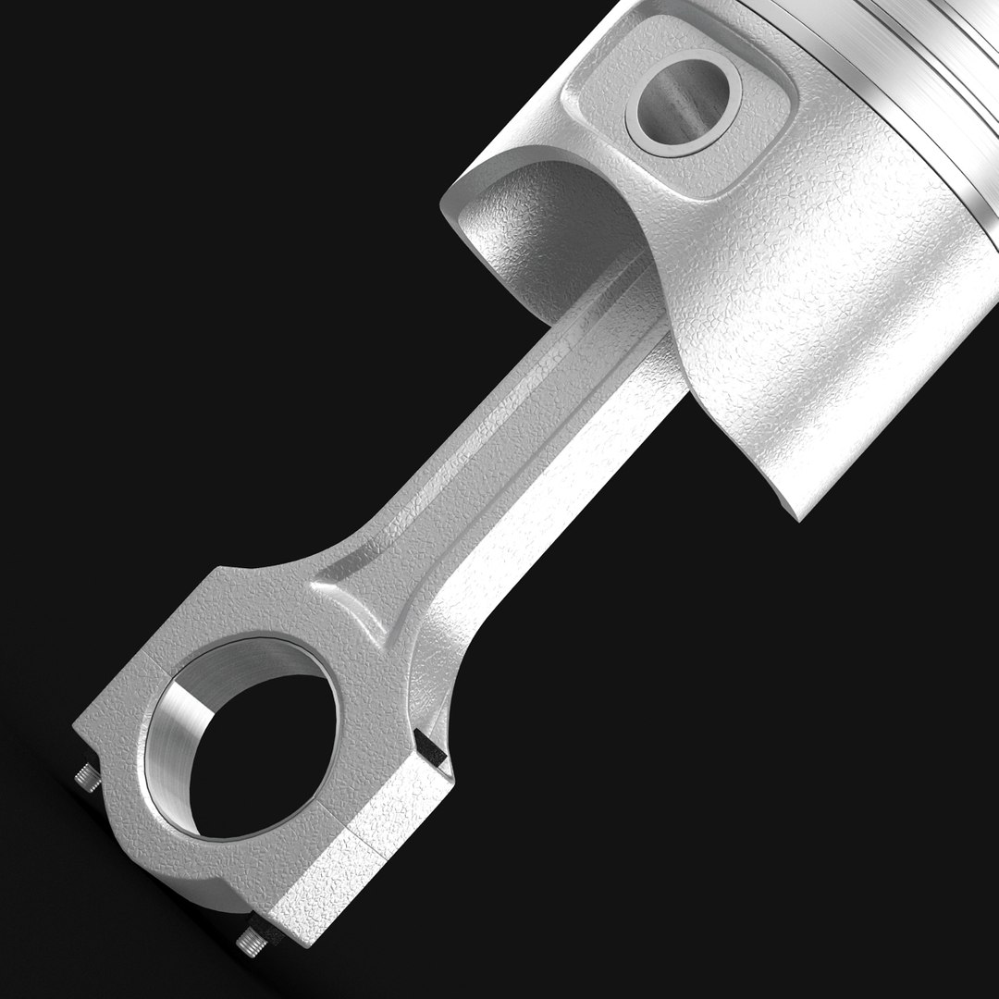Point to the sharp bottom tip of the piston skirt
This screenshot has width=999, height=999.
798,518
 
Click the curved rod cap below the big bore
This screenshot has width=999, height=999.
231,860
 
